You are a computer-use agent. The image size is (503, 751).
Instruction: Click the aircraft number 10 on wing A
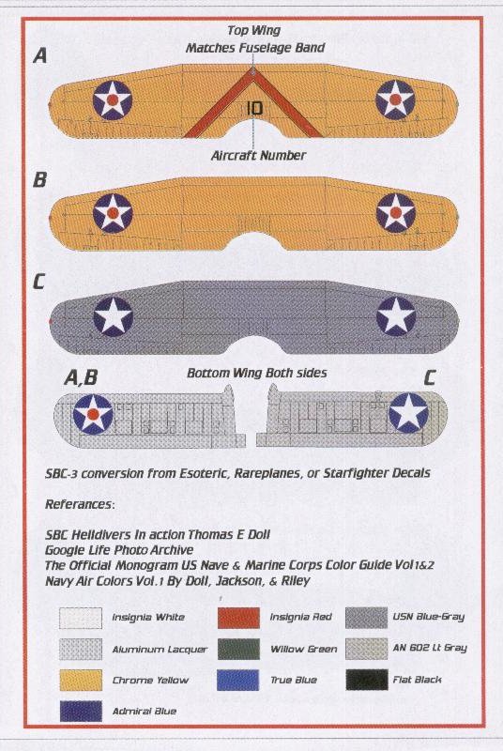[254, 108]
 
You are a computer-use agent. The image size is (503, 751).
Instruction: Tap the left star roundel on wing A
[113, 100]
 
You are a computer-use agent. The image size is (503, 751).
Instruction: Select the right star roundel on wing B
[396, 213]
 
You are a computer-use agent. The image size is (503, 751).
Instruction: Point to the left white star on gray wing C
[113, 316]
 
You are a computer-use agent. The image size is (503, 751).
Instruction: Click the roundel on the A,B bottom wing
[93, 414]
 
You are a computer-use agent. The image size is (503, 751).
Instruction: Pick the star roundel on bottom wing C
[408, 412]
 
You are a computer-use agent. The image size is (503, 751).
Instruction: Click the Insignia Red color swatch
[238, 618]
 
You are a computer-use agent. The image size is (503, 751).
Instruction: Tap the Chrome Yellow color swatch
[81, 681]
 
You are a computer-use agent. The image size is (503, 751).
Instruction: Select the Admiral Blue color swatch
[81, 712]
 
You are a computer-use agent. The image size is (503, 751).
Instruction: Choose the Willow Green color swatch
[238, 649]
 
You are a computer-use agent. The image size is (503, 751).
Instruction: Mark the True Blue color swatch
[238, 680]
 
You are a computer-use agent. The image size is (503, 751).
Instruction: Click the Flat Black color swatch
[367, 680]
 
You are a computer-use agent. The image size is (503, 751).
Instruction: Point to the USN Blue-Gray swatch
[367, 618]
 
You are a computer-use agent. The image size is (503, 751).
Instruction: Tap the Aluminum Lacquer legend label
[160, 650]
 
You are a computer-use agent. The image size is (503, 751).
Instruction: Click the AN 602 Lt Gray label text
[430, 648]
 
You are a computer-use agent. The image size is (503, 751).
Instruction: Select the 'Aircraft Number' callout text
[258, 156]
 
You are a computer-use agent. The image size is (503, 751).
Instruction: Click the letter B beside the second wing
[39, 180]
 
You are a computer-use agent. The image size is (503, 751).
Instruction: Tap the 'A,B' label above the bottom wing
[81, 377]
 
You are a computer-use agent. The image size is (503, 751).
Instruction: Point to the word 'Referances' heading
[80, 504]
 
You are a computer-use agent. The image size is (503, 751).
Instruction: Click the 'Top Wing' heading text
[253, 31]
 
